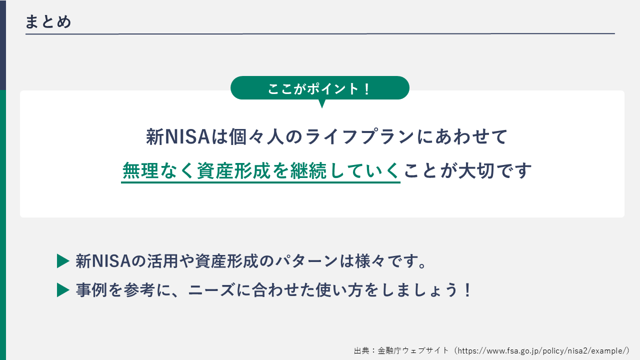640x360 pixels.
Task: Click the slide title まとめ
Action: pos(48,22)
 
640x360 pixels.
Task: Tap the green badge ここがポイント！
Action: pos(319,88)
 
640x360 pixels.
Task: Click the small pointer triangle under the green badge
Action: pos(322,103)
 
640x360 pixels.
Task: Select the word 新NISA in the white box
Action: pos(177,136)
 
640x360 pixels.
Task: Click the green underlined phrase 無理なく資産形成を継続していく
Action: pos(260,171)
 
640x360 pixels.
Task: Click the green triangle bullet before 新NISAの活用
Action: pos(62,261)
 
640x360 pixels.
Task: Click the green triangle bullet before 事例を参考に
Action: pos(62,290)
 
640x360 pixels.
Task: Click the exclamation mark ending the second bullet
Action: pos(467,290)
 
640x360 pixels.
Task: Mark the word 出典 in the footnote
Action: pos(361,350)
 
